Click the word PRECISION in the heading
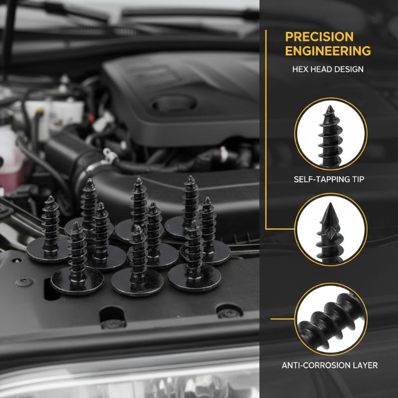(319, 37)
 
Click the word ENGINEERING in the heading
(328, 51)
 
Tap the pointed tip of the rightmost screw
(207, 199)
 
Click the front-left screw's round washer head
(77, 281)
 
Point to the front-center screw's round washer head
(137, 282)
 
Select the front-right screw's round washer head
(195, 278)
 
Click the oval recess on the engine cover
(174, 102)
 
